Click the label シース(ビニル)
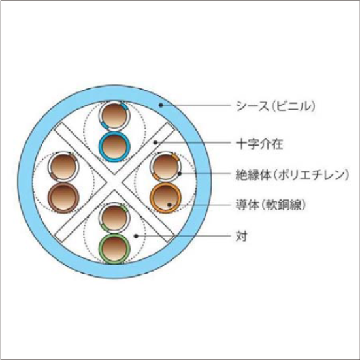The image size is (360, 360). click(x=276, y=106)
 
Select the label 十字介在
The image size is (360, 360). click(x=259, y=144)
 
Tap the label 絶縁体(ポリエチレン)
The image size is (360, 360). click(x=292, y=174)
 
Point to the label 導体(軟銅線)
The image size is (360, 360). click(x=270, y=205)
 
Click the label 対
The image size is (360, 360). click(x=241, y=236)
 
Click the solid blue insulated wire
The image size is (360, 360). click(x=114, y=146)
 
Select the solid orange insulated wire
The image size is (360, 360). click(x=165, y=198)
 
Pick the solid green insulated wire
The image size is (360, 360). click(x=114, y=249)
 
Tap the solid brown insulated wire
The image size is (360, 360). click(x=63, y=198)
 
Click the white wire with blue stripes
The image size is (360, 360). click(x=114, y=116)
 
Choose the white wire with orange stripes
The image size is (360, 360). click(x=165, y=167)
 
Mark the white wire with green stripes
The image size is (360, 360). click(x=114, y=218)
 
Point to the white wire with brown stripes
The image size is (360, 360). click(x=63, y=167)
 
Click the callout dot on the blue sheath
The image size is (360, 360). click(x=161, y=105)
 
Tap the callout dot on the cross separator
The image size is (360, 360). click(x=155, y=143)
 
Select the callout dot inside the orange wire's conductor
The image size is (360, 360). click(x=169, y=205)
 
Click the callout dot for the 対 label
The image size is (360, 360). click(x=136, y=236)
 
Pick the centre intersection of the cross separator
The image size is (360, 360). click(x=114, y=182)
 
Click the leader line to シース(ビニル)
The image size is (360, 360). click(x=195, y=105)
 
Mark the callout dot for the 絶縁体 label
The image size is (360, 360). click(x=180, y=174)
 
